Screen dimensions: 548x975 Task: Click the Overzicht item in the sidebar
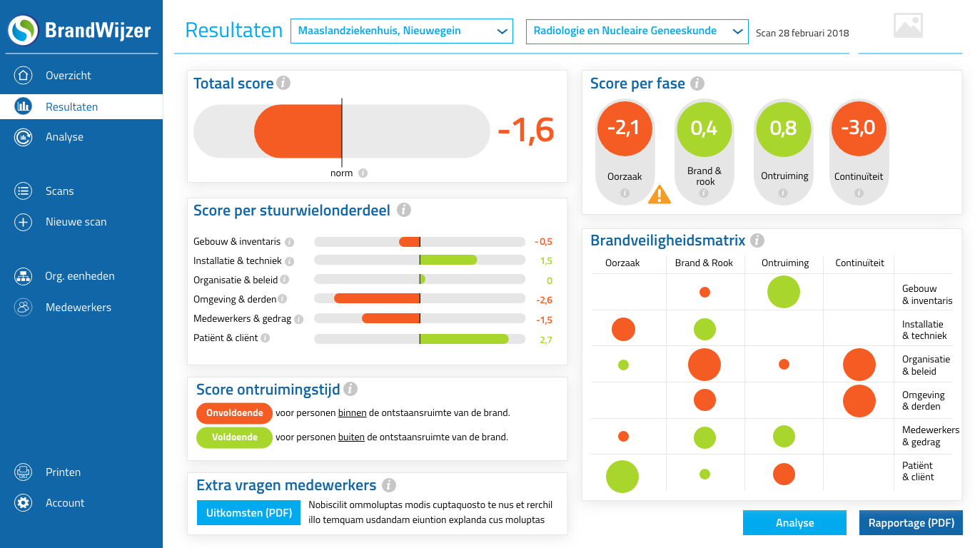(68, 76)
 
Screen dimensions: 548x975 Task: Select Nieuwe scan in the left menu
(76, 222)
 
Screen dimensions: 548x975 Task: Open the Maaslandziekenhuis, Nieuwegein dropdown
(401, 31)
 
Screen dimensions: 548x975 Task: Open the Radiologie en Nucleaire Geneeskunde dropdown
(637, 31)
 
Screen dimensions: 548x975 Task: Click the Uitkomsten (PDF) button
(249, 513)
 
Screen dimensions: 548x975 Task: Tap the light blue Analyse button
(794, 523)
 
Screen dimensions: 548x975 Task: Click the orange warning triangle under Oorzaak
(659, 195)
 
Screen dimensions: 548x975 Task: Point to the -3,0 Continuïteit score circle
(858, 128)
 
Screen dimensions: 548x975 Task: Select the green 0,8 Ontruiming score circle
(783, 128)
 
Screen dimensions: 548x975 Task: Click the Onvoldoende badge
(234, 413)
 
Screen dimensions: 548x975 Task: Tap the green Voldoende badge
(234, 437)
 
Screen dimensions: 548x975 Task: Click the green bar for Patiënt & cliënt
(464, 339)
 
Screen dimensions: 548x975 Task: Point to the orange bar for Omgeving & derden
(377, 300)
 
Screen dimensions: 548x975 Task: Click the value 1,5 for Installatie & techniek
(546, 261)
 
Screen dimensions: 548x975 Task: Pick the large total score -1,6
(526, 130)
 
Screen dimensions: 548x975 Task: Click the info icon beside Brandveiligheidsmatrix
(757, 241)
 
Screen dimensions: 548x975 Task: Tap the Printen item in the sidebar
(63, 472)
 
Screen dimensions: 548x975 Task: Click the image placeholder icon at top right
(908, 26)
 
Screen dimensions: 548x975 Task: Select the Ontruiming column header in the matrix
(784, 263)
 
